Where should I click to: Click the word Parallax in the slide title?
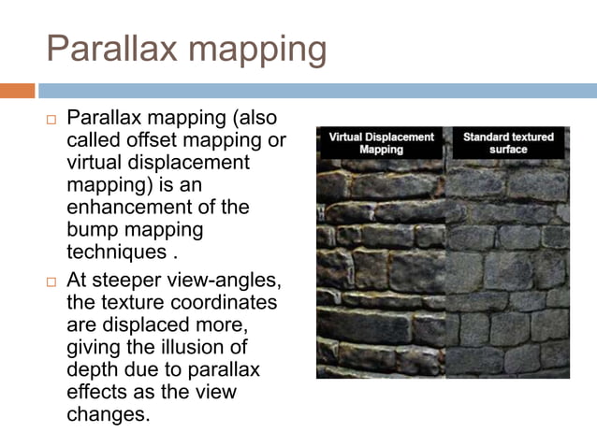[104, 49]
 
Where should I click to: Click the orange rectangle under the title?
[17, 91]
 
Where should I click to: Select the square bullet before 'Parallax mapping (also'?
[51, 122]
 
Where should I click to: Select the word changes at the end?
[108, 414]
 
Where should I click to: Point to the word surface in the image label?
[508, 150]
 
